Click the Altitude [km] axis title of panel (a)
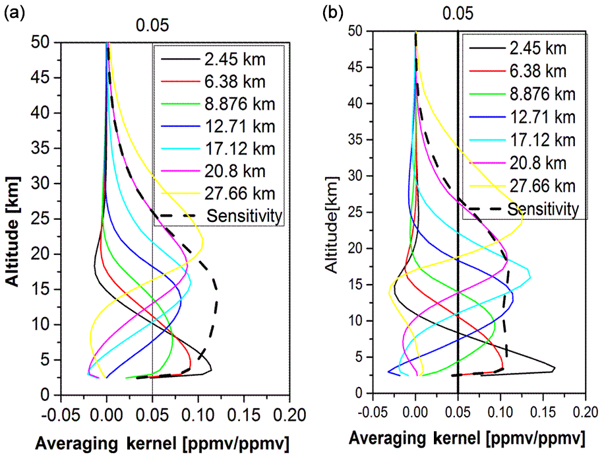tap(15, 219)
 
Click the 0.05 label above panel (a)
tap(152, 26)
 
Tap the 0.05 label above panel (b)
tap(458, 13)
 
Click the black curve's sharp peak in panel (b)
tap(555, 369)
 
